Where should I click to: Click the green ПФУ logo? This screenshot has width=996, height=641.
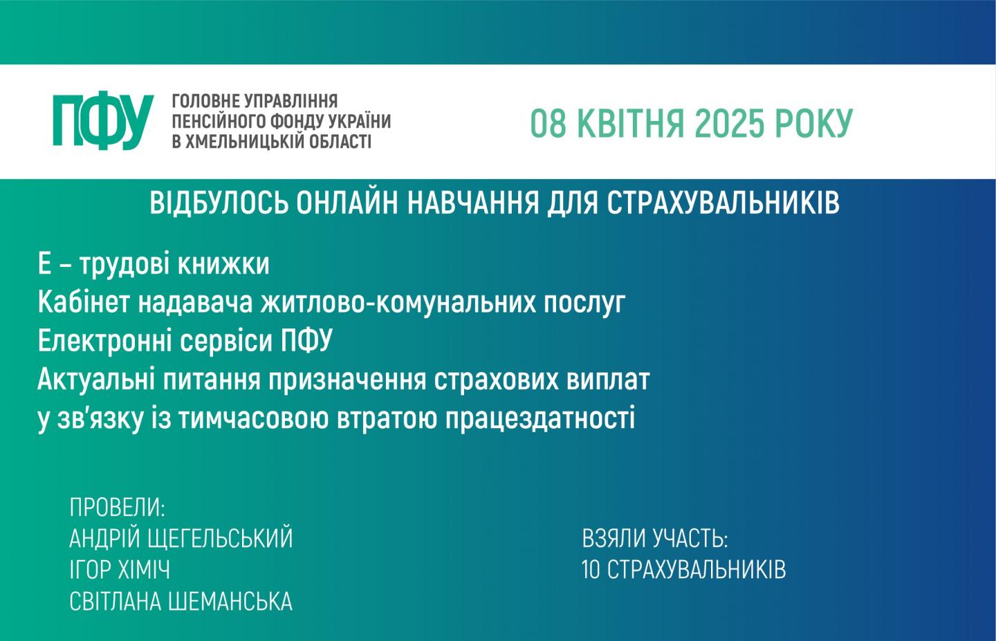coord(103,120)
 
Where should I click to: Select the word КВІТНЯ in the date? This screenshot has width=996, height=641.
coord(631,123)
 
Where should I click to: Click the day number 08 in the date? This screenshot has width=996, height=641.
coord(548,123)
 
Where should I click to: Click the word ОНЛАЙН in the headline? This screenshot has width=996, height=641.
coord(347,203)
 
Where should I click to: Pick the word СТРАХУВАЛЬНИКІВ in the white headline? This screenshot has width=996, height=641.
coord(723,203)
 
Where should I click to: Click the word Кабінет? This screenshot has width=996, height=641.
coord(84,302)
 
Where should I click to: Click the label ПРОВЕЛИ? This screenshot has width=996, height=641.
coord(118,508)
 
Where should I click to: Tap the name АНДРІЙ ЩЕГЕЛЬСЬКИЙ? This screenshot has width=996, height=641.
coord(181,538)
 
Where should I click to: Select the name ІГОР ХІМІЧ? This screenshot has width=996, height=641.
coord(120,570)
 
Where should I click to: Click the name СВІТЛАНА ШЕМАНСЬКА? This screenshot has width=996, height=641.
coord(181,602)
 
